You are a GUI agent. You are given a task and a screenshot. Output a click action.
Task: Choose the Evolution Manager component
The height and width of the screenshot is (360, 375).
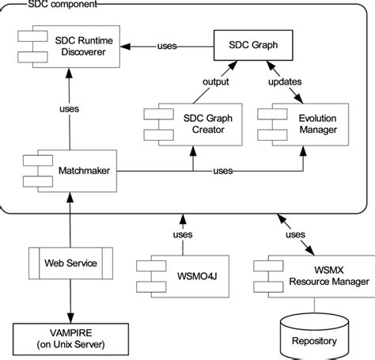[x=305, y=124]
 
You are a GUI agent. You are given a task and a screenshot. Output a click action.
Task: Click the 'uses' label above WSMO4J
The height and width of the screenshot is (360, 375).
[x=182, y=234]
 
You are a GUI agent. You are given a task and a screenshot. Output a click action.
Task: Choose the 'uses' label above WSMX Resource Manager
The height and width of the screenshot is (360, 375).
[x=294, y=234]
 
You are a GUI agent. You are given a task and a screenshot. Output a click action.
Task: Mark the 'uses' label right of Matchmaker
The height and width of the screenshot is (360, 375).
[x=223, y=169]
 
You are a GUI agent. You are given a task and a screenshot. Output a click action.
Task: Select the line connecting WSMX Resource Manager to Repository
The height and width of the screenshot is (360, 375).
[x=315, y=303]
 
